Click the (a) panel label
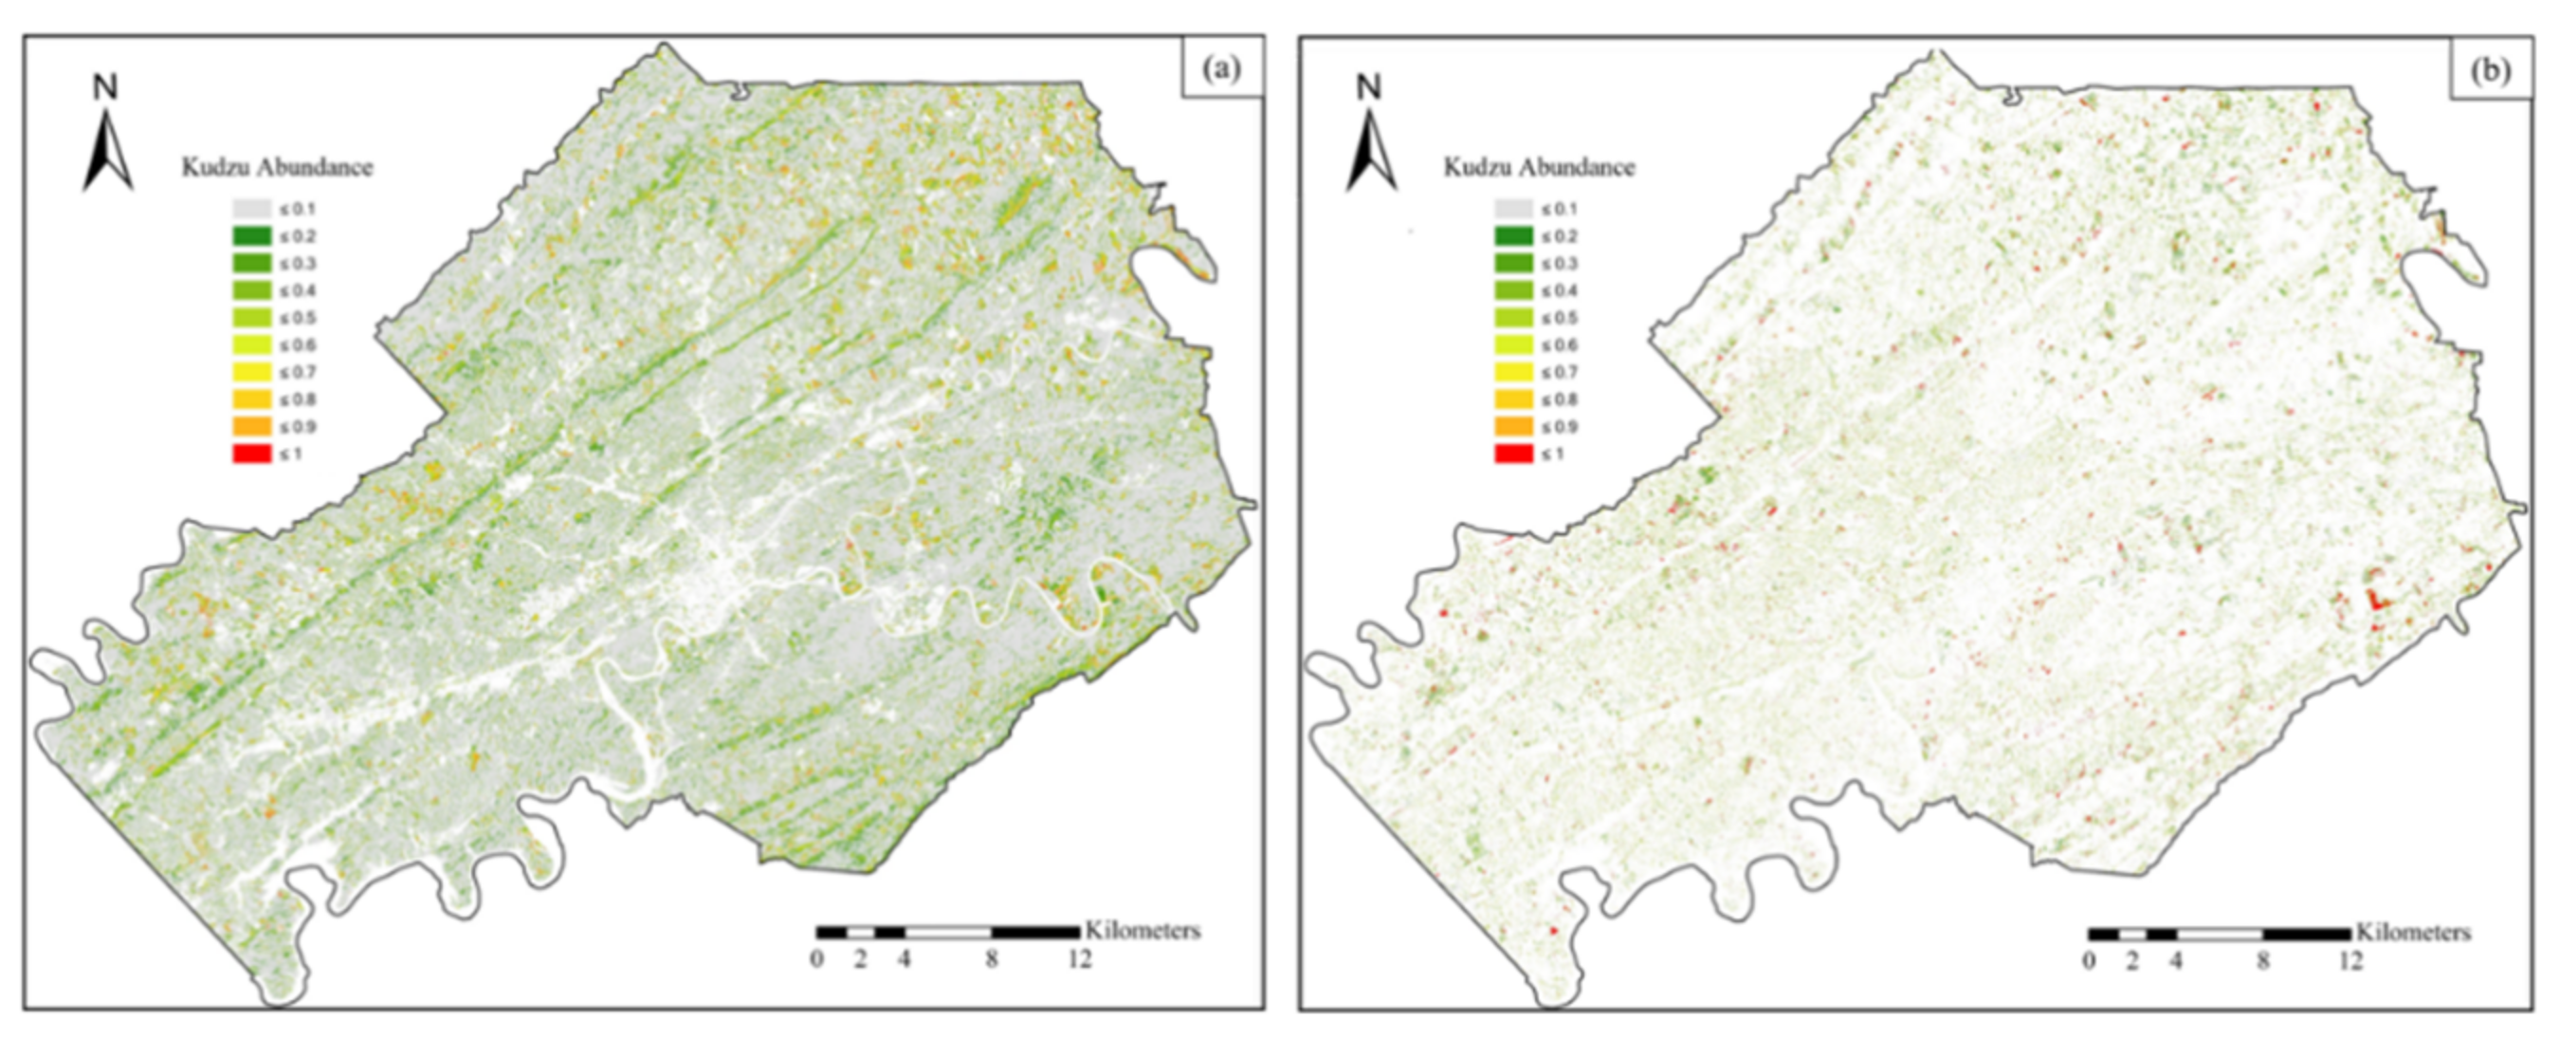[x=1222, y=68]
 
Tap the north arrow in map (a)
[x=107, y=149]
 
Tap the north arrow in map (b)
[x=1371, y=149]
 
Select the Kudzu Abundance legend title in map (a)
[x=276, y=167]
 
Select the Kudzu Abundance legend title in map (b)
[x=1539, y=167]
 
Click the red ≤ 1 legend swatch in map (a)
[x=251, y=454]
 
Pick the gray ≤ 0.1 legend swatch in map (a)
[x=251, y=209]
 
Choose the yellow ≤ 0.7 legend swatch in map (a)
[x=251, y=372]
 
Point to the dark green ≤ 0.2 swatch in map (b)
[x=1513, y=236]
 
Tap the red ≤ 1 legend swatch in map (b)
[x=1513, y=454]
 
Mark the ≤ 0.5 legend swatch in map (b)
[x=1513, y=318]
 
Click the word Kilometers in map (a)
[x=1143, y=931]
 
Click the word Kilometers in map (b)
[x=2414, y=933]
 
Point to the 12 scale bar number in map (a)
[x=1079, y=960]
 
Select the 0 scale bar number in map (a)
[x=817, y=960]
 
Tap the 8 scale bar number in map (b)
[x=2263, y=962]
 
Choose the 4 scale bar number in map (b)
[x=2175, y=962]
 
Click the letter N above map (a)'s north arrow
[x=105, y=88]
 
